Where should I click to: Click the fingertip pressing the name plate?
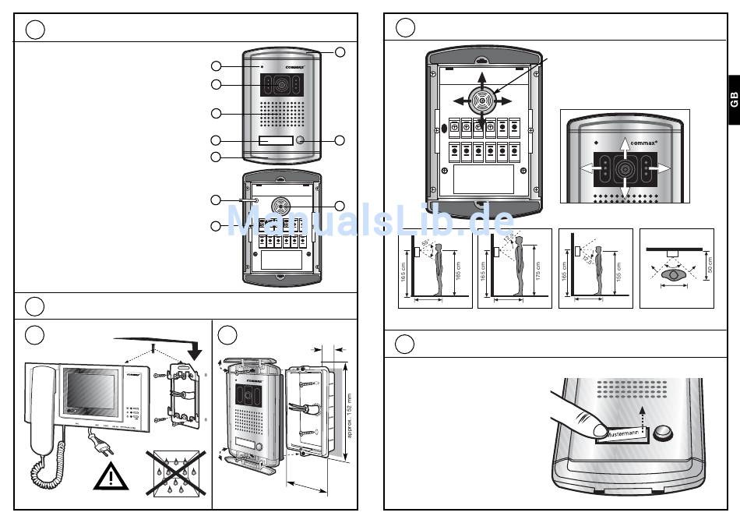point(599,428)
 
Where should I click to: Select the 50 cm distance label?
point(710,265)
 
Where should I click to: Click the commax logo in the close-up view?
point(643,143)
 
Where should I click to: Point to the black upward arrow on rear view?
point(482,80)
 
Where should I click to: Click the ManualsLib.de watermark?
point(370,221)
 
